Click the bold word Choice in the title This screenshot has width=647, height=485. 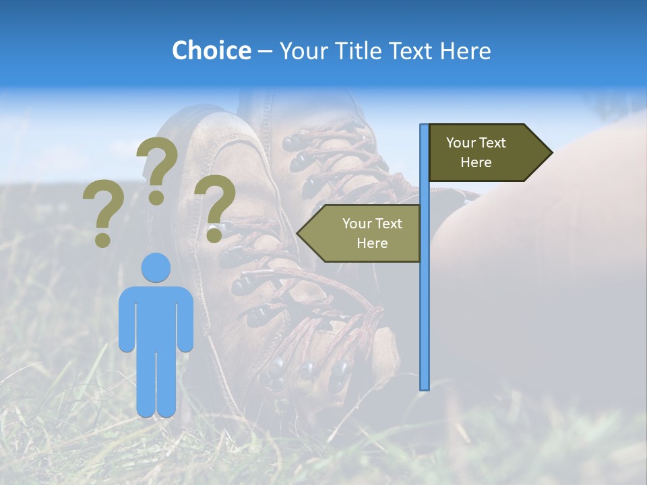tap(211, 51)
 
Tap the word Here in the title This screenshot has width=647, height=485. tap(465, 51)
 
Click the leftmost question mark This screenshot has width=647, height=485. tap(102, 212)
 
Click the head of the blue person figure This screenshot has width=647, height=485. tap(156, 267)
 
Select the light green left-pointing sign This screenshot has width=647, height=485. tap(364, 234)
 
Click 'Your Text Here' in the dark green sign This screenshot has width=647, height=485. tap(476, 153)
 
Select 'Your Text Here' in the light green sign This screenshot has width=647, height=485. tap(372, 234)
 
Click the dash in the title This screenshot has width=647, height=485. tap(265, 51)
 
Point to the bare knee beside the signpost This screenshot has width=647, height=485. tap(485, 216)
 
